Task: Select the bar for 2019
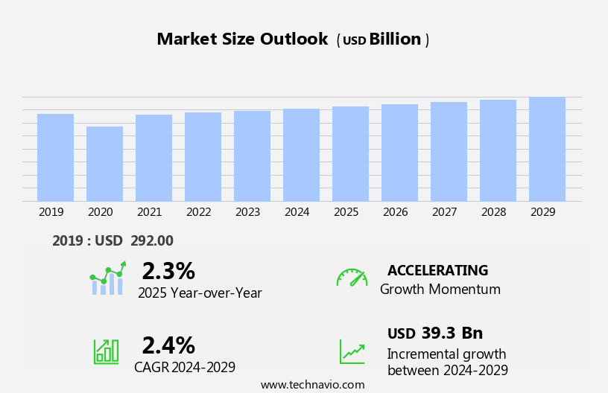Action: click(x=55, y=158)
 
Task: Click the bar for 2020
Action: click(x=104, y=164)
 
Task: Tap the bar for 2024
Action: click(x=301, y=155)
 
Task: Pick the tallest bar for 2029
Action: click(x=547, y=149)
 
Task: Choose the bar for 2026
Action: click(x=399, y=153)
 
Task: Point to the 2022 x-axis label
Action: click(x=198, y=212)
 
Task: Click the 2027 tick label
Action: click(x=444, y=212)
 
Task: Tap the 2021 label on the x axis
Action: click(x=149, y=212)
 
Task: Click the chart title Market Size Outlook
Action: click(x=242, y=39)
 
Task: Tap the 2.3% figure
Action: click(x=168, y=271)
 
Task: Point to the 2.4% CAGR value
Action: click(x=168, y=345)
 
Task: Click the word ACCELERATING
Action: click(x=437, y=271)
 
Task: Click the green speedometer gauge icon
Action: click(x=352, y=278)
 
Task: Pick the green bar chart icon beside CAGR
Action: click(x=106, y=351)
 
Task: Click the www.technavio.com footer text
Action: click(x=312, y=385)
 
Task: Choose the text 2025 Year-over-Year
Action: click(x=200, y=293)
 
